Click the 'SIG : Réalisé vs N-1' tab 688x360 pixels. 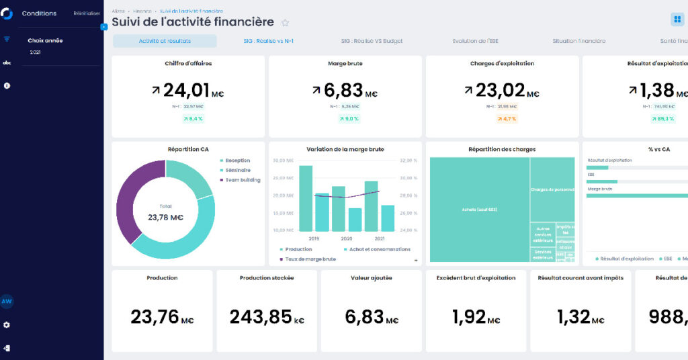[268, 41]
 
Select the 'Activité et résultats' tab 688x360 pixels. [165, 41]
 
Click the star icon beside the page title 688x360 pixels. [285, 22]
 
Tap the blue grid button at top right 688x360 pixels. [677, 19]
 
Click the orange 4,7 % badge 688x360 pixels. [506, 119]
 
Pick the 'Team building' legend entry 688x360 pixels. [243, 180]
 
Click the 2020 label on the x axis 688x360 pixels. [346, 238]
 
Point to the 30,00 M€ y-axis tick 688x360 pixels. [283, 161]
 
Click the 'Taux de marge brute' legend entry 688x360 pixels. [310, 259]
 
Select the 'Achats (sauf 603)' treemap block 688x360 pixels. [479, 210]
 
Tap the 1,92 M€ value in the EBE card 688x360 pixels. [476, 317]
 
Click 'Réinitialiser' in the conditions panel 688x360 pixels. [87, 13]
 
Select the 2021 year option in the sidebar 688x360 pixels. [36, 52]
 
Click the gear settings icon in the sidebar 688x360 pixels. [7, 325]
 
